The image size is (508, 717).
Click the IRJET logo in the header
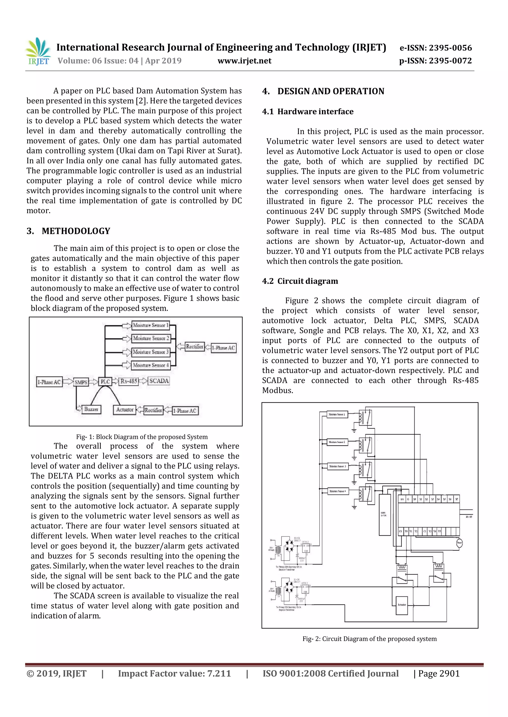(x=38, y=51)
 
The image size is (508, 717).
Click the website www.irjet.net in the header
(x=244, y=61)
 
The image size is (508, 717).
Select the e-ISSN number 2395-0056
(x=450, y=48)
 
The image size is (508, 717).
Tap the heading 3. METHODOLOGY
(x=68, y=231)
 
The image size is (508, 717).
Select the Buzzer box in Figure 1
(x=91, y=409)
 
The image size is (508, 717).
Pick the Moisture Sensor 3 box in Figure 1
(x=151, y=352)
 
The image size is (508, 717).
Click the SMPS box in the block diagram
(x=81, y=382)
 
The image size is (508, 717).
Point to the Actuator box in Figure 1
(x=125, y=409)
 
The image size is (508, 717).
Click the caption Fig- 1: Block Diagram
(x=142, y=437)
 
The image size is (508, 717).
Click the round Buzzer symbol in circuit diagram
(x=459, y=543)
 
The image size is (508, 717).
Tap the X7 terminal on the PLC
(x=457, y=499)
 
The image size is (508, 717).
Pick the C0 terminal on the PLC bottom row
(x=401, y=531)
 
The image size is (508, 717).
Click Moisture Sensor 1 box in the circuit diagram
(x=336, y=414)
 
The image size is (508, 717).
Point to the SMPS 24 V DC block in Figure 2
(x=384, y=515)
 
